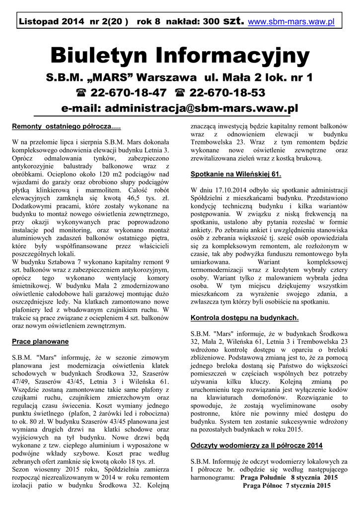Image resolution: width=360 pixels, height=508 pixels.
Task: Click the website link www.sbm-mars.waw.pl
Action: [x=291, y=22]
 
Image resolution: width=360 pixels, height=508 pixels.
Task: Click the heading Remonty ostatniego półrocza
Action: [x=66, y=127]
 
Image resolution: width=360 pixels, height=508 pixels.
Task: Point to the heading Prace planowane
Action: [x=40, y=342]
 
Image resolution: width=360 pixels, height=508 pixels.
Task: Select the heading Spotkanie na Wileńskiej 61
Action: [x=236, y=174]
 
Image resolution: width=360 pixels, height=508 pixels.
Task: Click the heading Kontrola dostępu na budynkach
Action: [x=245, y=317]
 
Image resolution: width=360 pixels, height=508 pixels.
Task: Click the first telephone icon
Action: [x=80, y=93]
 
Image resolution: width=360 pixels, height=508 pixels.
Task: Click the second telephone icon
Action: [x=180, y=93]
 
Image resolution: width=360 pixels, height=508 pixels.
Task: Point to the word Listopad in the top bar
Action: [x=37, y=22]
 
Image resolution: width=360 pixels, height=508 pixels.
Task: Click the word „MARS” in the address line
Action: [x=111, y=77]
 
